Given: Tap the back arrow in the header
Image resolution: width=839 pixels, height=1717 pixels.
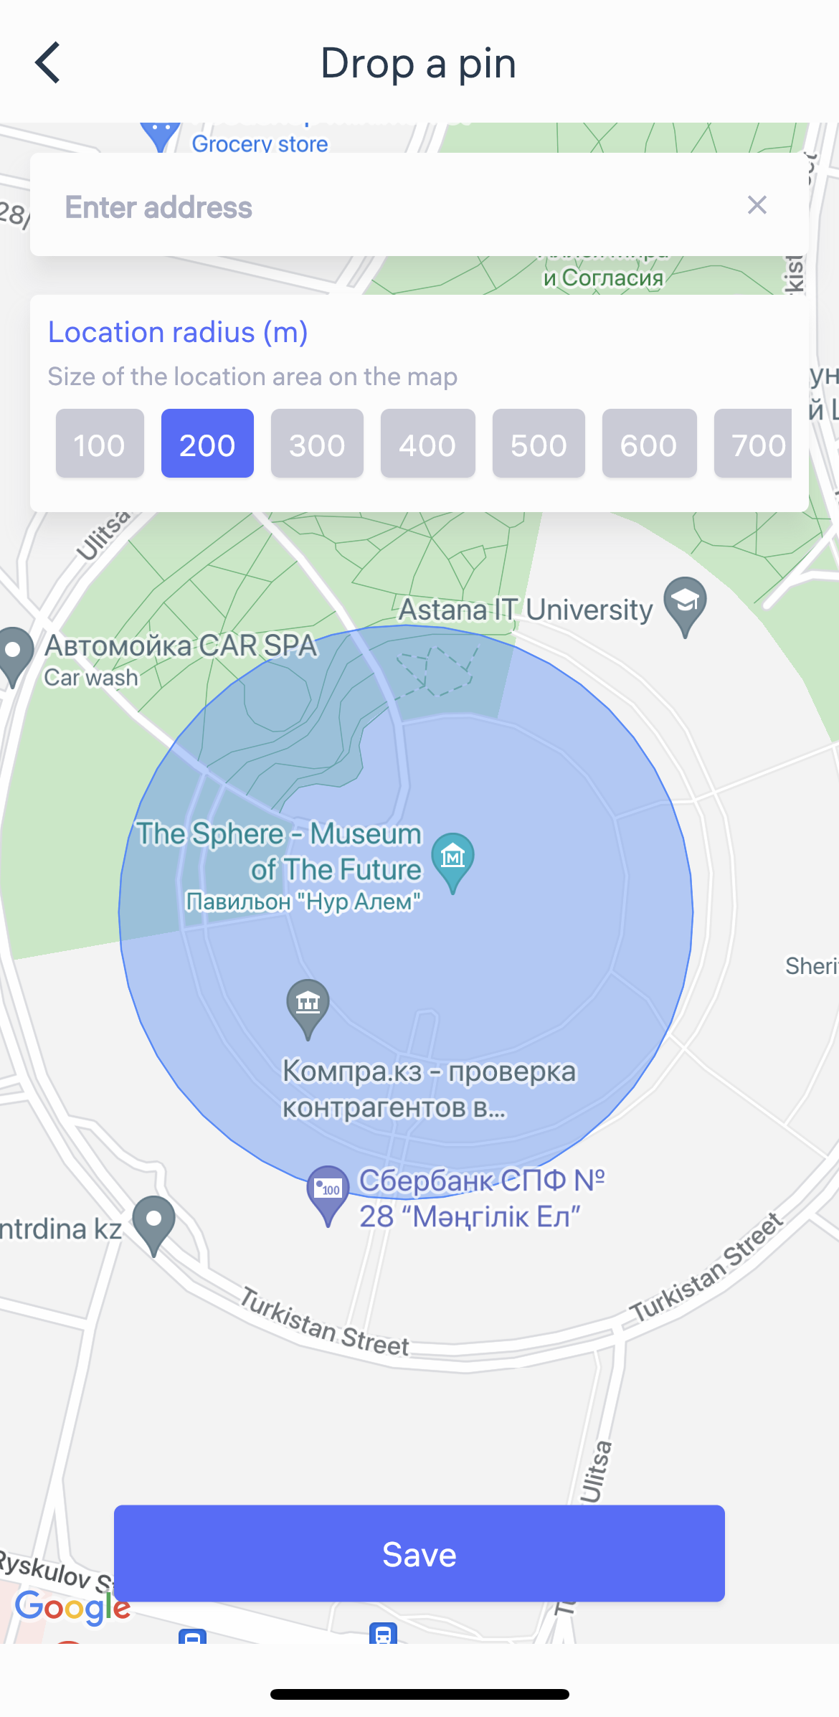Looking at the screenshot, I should (48, 62).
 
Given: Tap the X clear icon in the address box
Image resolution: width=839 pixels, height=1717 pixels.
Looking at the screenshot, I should (757, 205).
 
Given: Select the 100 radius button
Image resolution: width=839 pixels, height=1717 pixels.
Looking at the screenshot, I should (100, 444).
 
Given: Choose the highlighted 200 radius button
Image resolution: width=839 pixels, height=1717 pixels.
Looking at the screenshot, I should (207, 444).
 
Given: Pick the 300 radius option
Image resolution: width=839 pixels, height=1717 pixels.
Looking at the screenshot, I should (317, 444).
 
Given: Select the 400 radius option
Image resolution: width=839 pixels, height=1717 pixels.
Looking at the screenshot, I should (427, 444).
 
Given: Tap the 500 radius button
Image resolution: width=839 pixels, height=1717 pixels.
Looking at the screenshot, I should (539, 444).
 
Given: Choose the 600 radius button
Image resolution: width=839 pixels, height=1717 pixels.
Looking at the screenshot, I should (649, 444).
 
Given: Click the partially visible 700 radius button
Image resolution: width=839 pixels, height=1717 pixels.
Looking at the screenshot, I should (754, 444).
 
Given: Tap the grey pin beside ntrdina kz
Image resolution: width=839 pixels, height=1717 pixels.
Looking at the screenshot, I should (154, 1222).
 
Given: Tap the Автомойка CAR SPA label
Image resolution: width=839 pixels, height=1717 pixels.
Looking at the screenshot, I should (181, 645).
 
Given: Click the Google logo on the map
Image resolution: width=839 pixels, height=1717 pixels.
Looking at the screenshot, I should (72, 1607).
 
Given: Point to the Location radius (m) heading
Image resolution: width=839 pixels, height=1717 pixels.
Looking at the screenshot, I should (178, 332).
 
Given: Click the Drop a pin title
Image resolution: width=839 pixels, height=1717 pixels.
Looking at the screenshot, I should (418, 63).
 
